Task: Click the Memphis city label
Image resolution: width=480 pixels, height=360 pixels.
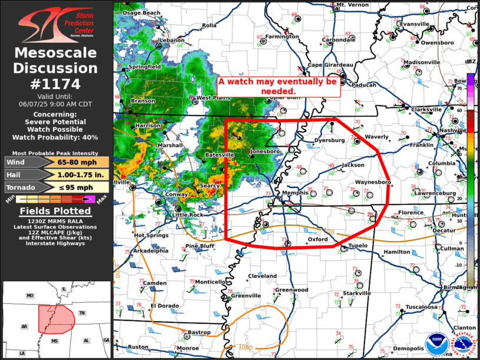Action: pyautogui.click(x=295, y=193)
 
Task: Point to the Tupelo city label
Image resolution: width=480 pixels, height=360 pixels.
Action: pyautogui.click(x=358, y=245)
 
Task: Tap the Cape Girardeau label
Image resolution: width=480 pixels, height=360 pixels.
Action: pyautogui.click(x=330, y=65)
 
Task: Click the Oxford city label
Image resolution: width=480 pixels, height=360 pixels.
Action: pyautogui.click(x=317, y=240)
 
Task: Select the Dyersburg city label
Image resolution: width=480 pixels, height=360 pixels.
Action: pyautogui.click(x=329, y=141)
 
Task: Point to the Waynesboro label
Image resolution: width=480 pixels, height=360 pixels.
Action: pyautogui.click(x=373, y=183)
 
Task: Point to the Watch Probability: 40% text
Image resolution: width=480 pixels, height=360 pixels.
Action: pyautogui.click(x=57, y=137)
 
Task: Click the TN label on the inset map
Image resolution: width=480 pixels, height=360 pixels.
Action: pyautogui.click(x=83, y=313)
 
